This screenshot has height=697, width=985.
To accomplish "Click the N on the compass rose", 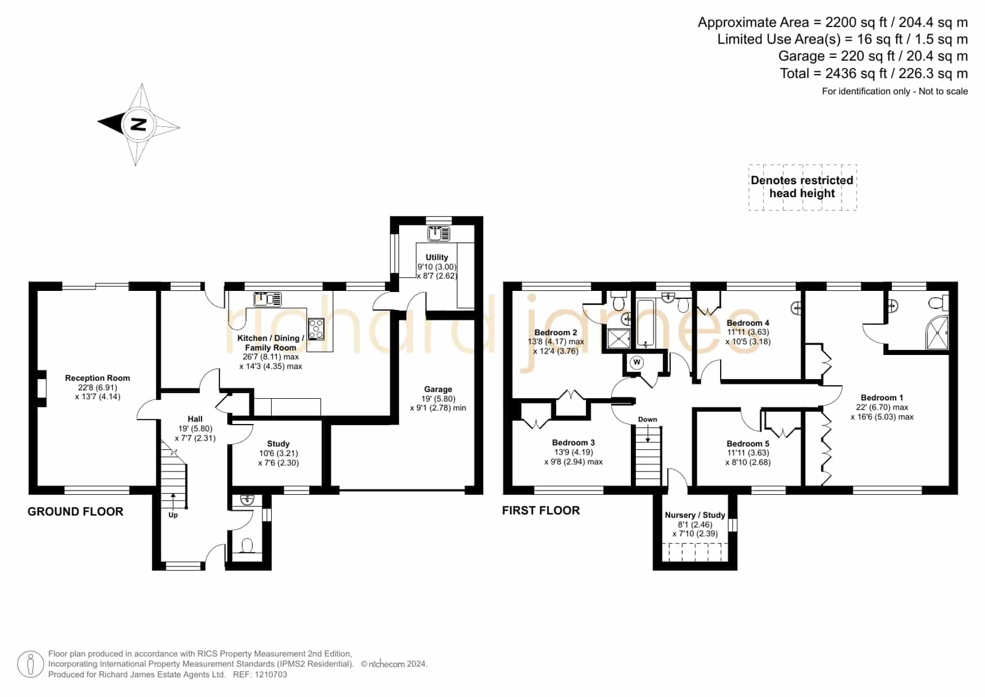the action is point(139,124).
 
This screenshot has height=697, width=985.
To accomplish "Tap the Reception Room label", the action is point(97,378).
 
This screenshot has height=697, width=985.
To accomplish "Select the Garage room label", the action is point(438,389).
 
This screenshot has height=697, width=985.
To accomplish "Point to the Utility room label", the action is point(437,257).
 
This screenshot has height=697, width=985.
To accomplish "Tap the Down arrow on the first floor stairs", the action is point(647,433).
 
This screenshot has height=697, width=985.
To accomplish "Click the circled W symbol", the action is point(636,362).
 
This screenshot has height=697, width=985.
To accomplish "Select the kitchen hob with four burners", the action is point(316,329).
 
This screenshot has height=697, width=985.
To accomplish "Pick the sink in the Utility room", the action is point(439,234).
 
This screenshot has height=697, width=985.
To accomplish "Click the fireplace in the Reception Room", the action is point(42,389).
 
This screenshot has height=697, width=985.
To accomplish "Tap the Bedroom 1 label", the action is point(882,397).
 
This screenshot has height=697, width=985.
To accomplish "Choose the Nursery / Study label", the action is point(695,515).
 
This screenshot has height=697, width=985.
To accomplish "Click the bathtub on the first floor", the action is point(646,324).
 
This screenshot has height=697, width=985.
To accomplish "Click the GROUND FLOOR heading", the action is point(75,512).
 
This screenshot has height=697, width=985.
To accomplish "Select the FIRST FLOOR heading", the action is point(541,510).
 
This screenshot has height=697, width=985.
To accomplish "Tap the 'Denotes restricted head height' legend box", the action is point(803,187).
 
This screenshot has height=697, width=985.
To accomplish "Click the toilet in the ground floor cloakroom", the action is point(247,546).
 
